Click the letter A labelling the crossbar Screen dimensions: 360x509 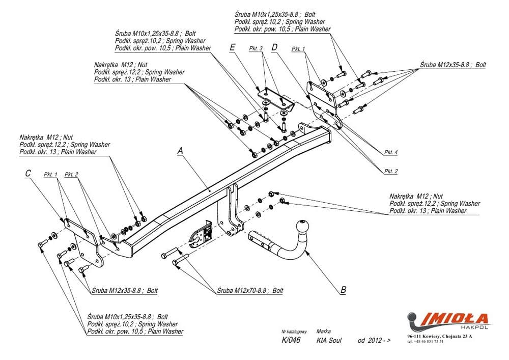click(x=180, y=151)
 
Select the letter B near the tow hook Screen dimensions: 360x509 click(x=343, y=290)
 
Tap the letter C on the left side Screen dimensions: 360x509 click(x=28, y=174)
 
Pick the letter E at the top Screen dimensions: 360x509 click(x=232, y=47)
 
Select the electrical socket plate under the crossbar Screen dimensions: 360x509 click(x=202, y=235)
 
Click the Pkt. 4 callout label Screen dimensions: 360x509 click(x=391, y=152)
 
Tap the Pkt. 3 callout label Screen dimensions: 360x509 click(x=256, y=48)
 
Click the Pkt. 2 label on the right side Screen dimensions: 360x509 click(x=391, y=171)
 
